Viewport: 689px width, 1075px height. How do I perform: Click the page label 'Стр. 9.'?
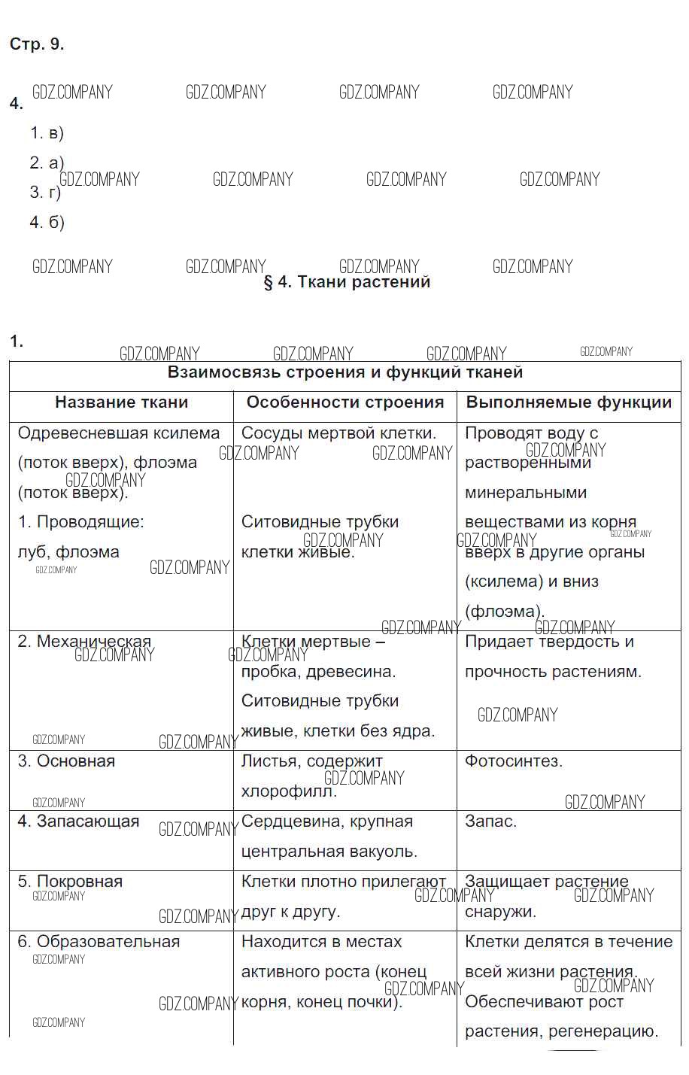coord(37,44)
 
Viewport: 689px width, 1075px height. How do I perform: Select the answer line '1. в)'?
coord(47,133)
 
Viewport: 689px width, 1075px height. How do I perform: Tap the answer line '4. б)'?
coord(47,222)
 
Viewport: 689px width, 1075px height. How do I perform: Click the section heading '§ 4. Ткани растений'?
coord(347,282)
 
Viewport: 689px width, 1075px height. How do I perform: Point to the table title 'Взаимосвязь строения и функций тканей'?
coord(344,372)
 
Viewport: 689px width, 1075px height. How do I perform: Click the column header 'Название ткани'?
coord(121,402)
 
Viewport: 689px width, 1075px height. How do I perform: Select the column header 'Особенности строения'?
coord(344,402)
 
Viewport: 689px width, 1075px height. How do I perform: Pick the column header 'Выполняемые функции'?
coord(569,402)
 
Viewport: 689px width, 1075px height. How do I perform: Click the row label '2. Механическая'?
coord(84,642)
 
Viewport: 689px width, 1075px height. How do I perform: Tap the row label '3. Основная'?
coord(66,761)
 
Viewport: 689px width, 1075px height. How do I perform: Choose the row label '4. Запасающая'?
coord(78,821)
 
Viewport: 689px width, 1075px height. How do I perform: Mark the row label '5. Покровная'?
coord(70,882)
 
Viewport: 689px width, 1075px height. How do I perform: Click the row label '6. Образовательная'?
coord(99,942)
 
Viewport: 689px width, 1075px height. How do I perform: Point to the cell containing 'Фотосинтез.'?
coord(514,761)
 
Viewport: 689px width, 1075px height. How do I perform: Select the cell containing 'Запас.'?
coord(490,821)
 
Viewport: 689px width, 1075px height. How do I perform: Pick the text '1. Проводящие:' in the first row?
coord(80,522)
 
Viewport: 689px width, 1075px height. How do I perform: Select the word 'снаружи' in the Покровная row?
coord(499,912)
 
